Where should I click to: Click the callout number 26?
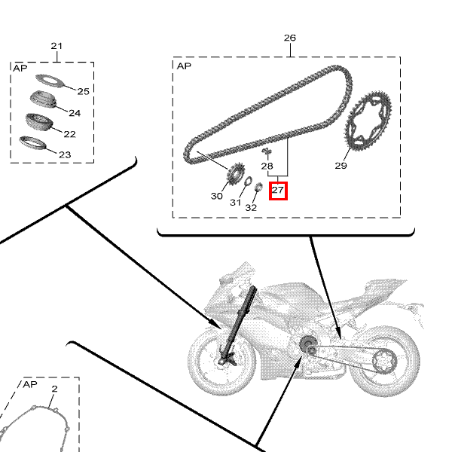click(x=290, y=38)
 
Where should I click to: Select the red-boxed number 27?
click(x=278, y=190)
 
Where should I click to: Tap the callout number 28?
click(x=267, y=166)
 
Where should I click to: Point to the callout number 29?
click(x=341, y=166)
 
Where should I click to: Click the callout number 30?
click(x=217, y=196)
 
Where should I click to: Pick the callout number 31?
click(x=236, y=203)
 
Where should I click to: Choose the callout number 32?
click(x=251, y=208)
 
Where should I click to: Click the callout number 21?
click(x=56, y=46)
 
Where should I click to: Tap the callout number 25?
click(x=84, y=91)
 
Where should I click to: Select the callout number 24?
click(x=75, y=113)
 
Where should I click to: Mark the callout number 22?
click(x=70, y=134)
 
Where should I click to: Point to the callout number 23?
click(x=65, y=154)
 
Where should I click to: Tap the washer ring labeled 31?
click(x=248, y=181)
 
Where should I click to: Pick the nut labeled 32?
click(x=259, y=187)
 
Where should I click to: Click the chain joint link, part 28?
click(x=267, y=151)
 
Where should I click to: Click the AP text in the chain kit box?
click(x=184, y=66)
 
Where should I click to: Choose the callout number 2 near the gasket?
click(x=54, y=389)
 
